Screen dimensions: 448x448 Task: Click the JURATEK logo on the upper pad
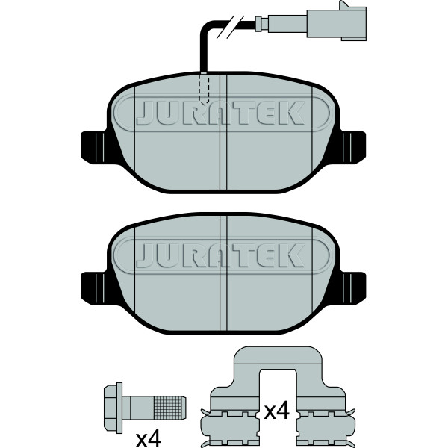pyautogui.click(x=221, y=113)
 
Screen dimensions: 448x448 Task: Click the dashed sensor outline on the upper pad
pyautogui.click(x=203, y=88)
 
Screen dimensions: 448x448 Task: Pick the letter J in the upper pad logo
pyautogui.click(x=146, y=113)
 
